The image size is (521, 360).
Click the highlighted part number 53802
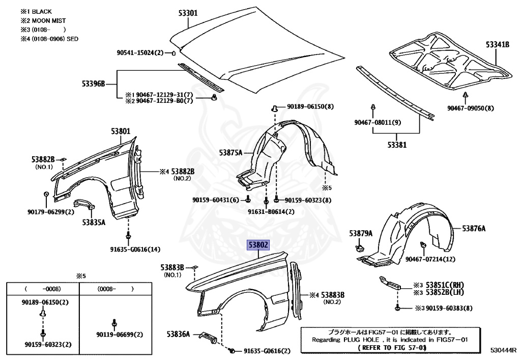pos(258,245)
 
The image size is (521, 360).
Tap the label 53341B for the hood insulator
pos(497,45)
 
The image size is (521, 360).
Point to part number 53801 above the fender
pos(121,131)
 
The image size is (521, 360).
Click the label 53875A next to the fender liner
pos(230,152)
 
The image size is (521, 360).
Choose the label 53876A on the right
pos(473,229)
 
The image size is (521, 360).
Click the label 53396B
pos(93,84)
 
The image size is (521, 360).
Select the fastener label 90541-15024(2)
pos(140,52)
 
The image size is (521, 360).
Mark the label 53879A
pos(361,233)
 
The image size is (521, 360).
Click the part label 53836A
pos(178,334)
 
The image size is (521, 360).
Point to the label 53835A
pos(93,222)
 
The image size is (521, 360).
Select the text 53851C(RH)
pos(448,285)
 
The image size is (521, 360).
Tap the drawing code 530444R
pos(503,350)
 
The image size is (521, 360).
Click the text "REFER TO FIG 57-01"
pos(392,347)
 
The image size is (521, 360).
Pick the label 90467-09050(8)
pos(470,108)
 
